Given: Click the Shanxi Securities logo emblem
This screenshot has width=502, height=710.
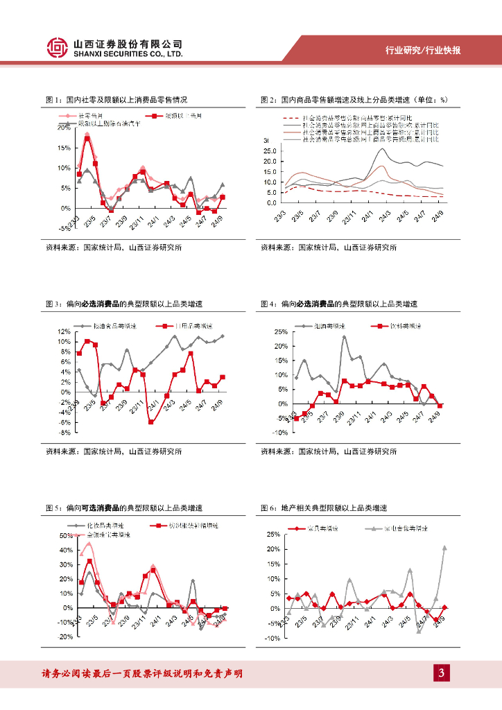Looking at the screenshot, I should (x=58, y=47).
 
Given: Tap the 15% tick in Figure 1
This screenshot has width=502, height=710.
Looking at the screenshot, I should (x=64, y=148).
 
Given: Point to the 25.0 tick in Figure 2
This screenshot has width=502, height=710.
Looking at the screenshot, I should (x=270, y=151).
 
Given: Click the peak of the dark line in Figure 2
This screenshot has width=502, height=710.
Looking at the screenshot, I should (x=383, y=148).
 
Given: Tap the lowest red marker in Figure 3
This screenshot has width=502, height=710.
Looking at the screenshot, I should (x=151, y=422).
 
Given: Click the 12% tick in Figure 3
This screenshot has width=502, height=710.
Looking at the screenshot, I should (x=64, y=331).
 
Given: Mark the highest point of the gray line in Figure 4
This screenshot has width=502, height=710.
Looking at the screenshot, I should (x=345, y=338).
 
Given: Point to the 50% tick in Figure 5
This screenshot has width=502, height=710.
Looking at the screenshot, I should (x=64, y=535).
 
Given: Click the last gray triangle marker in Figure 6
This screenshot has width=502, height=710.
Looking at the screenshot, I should (x=444, y=548).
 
